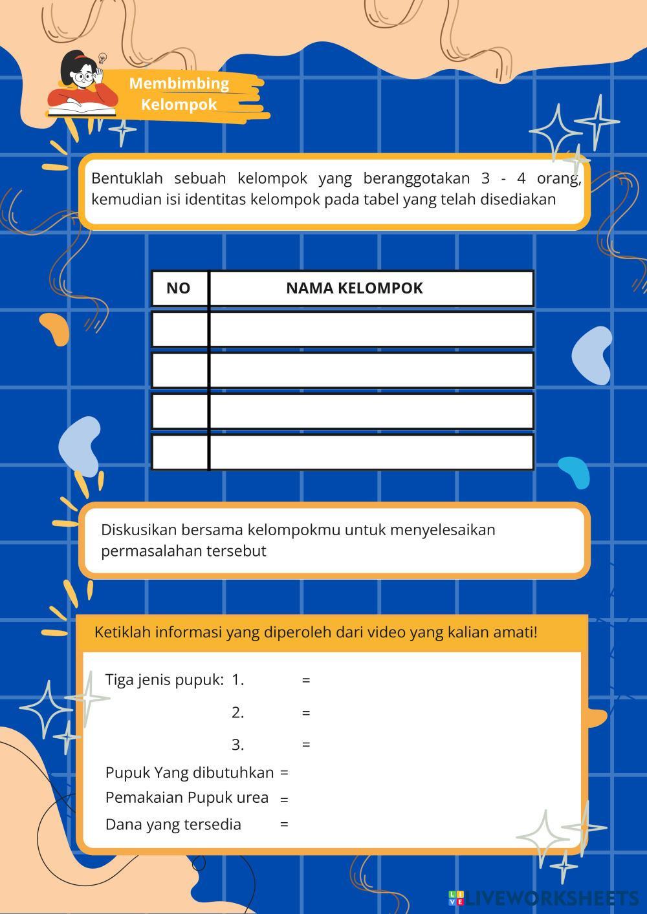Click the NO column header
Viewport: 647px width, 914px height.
click(x=179, y=288)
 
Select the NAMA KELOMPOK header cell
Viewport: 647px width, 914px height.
click(x=355, y=288)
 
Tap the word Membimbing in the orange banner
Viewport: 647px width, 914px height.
click(x=179, y=83)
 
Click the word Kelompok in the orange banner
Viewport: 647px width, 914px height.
click(x=179, y=105)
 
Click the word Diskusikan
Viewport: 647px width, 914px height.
click(x=138, y=530)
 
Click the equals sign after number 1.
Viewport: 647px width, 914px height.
click(x=306, y=680)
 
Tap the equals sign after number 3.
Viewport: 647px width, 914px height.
click(x=306, y=745)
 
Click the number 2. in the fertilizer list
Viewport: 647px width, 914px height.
click(x=237, y=712)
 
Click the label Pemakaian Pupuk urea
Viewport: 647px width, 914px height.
click(x=186, y=798)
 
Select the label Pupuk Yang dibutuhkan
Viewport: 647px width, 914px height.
click(x=189, y=772)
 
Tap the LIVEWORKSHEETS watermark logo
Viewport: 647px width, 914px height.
click(x=543, y=898)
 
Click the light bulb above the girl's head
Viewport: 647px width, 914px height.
click(x=102, y=59)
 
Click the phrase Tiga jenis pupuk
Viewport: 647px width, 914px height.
click(x=164, y=680)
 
